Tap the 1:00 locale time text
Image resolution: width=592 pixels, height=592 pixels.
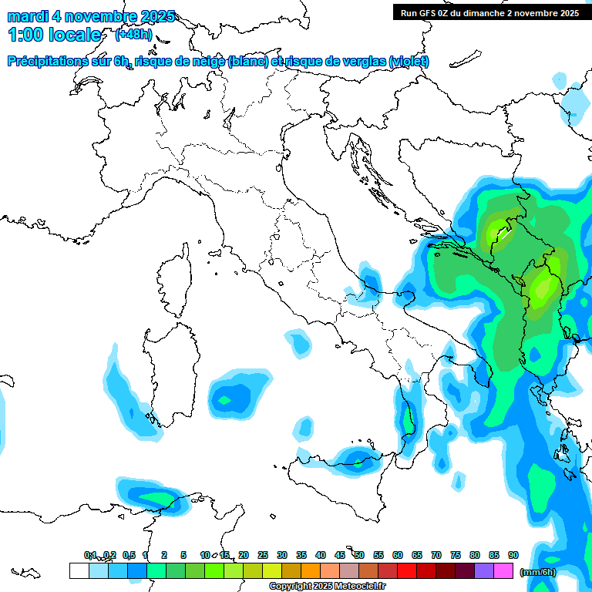[54, 35]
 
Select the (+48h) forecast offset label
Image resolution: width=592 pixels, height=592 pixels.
[133, 35]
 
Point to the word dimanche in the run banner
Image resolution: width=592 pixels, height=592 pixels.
[493, 12]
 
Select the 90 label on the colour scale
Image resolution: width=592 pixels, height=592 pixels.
[513, 555]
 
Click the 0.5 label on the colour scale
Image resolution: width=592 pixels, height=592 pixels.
[129, 555]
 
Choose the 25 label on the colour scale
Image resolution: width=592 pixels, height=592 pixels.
[263, 555]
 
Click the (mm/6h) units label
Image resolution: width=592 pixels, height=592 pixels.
[538, 572]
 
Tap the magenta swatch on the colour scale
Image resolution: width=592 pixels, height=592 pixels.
[503, 570]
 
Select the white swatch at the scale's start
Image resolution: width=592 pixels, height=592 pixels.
[79, 570]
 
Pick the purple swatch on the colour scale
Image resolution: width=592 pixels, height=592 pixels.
[484, 570]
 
